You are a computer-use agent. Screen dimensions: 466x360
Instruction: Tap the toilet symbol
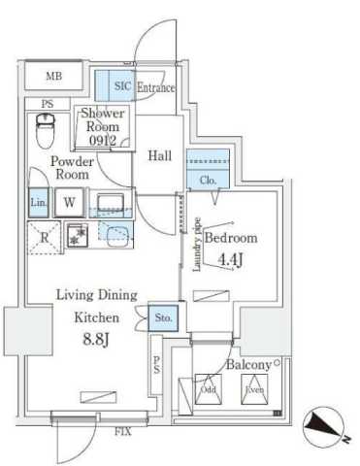click(x=45, y=126)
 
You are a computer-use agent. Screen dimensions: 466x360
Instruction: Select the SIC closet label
click(x=122, y=86)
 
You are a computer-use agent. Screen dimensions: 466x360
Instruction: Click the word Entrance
click(x=155, y=87)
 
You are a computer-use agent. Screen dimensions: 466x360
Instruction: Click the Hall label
click(x=160, y=155)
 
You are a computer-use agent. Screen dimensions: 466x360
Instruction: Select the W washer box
click(x=69, y=202)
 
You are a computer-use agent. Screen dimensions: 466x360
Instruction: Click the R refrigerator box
click(x=45, y=237)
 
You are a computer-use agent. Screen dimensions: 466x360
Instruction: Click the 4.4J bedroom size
click(x=230, y=258)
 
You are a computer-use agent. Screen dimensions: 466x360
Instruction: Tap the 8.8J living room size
click(x=97, y=339)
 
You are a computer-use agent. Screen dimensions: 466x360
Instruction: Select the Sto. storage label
click(x=163, y=316)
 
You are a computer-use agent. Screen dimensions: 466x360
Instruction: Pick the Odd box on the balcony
click(x=209, y=390)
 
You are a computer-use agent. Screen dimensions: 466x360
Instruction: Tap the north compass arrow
click(x=327, y=424)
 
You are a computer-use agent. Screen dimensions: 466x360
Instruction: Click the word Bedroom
click(x=231, y=238)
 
